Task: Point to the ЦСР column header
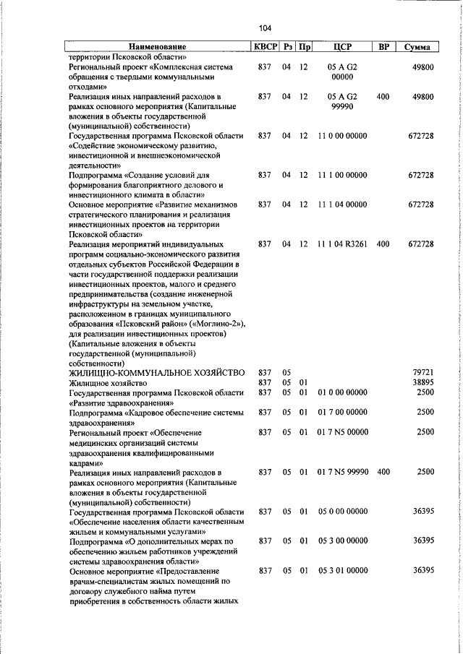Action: click(342, 48)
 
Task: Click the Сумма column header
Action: click(417, 48)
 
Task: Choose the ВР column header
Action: click(384, 48)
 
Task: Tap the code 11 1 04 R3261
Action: click(342, 245)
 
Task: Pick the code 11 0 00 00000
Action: click(342, 136)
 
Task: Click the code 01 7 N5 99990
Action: click(342, 472)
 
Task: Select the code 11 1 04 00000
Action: click(342, 205)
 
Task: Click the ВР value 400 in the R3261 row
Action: click(383, 245)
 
